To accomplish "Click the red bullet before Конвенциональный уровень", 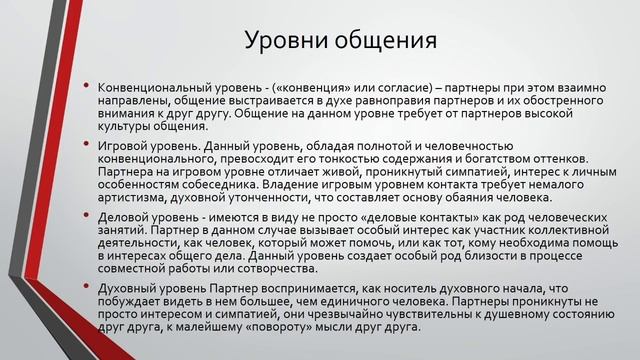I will coord(86,87).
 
